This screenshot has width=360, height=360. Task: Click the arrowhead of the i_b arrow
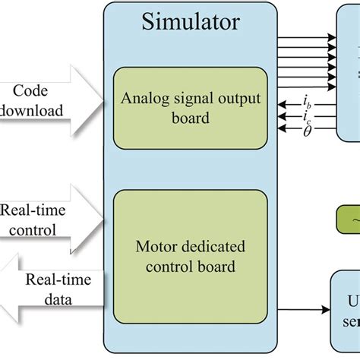click(283, 104)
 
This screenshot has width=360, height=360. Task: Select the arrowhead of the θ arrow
click(283, 130)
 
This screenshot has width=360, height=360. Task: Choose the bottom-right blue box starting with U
click(346, 308)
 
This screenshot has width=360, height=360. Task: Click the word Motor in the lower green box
click(152, 245)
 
